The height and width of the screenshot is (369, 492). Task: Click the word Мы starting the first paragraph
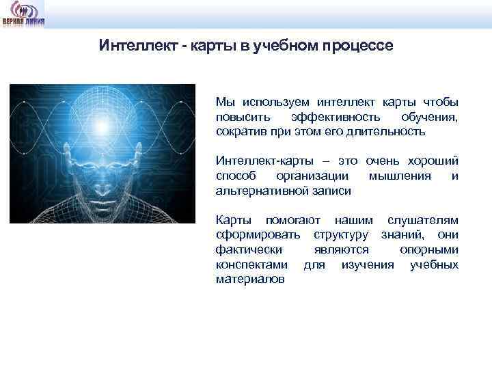[x=224, y=102]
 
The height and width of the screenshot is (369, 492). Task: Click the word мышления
[x=399, y=176]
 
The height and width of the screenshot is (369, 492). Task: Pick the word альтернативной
[x=256, y=191]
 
